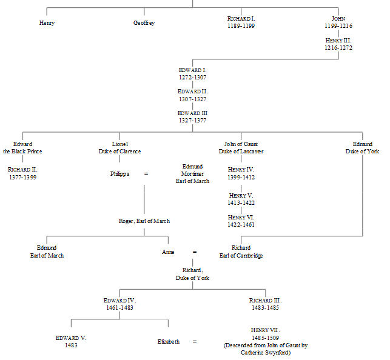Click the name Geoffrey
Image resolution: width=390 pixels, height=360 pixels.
[144, 23]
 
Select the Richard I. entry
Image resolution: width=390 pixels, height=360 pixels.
[241, 19]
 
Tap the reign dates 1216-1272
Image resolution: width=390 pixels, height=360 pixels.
[338, 47]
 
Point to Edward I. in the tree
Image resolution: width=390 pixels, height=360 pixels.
[192, 70]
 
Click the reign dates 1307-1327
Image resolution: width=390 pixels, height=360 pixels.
[192, 99]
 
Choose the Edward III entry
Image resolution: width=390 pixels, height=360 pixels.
[192, 113]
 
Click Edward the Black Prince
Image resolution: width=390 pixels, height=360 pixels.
[22, 148]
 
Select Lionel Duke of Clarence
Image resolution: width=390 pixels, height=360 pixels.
[119, 148]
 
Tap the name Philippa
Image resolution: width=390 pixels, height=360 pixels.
[119, 174]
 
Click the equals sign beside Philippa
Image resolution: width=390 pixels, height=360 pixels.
[146, 174]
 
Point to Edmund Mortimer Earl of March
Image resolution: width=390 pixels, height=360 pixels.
[192, 174]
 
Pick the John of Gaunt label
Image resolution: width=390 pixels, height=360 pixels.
[241, 144]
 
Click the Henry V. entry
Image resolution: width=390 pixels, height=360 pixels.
[241, 196]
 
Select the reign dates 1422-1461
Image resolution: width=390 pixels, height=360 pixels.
[241, 224]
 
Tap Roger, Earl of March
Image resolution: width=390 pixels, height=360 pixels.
[144, 221]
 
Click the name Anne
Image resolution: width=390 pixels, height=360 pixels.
[168, 252]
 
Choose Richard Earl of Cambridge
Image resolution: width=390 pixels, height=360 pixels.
[241, 252]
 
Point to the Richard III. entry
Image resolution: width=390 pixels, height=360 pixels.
[265, 301]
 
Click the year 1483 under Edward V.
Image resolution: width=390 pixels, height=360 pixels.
[71, 345]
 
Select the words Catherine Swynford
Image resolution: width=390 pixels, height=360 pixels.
[265, 353]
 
